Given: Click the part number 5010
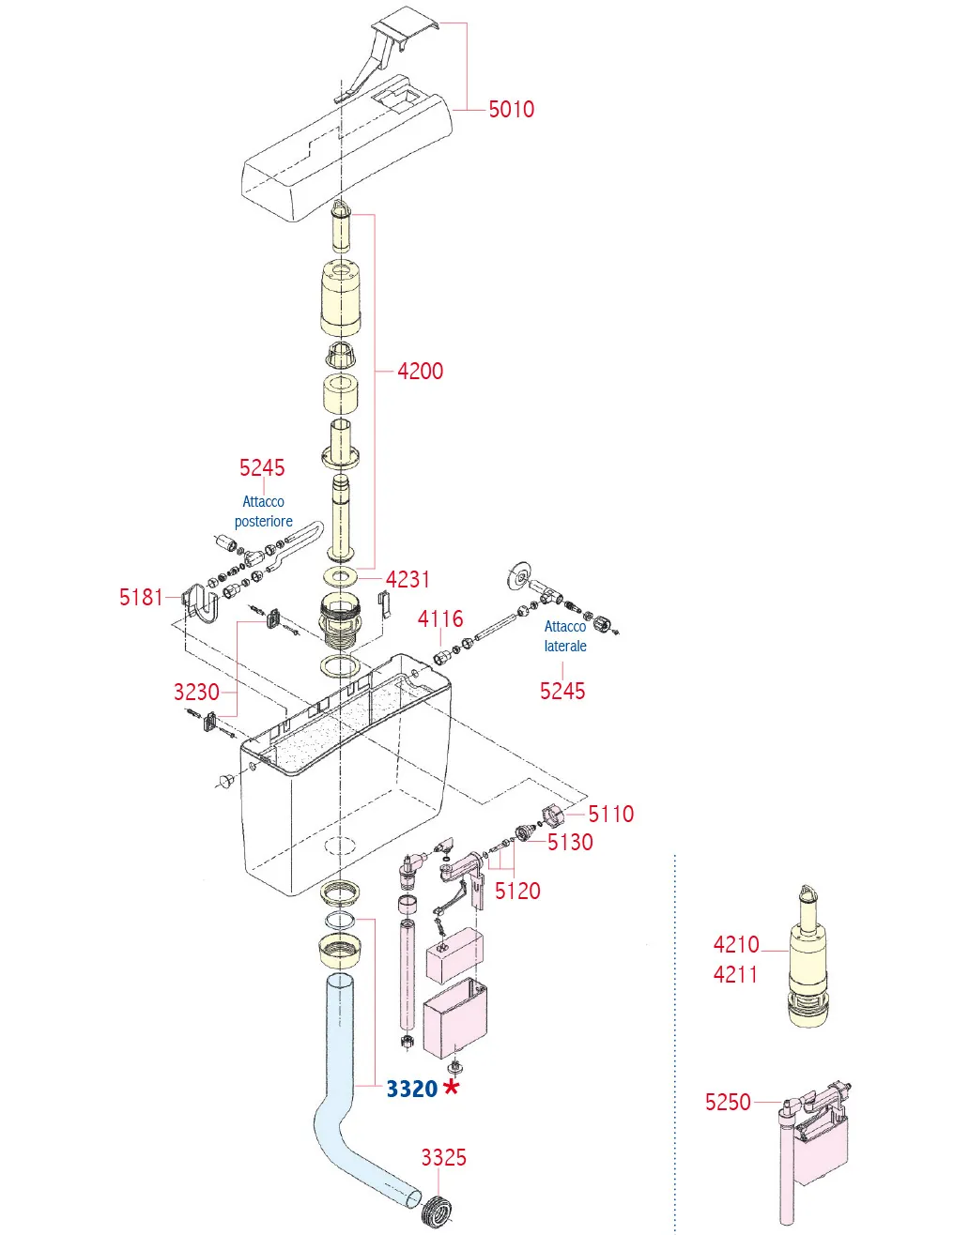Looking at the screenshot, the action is (x=511, y=109).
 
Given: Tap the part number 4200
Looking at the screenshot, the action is (x=421, y=371).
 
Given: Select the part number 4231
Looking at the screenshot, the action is (x=408, y=580).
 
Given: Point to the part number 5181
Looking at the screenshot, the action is (x=141, y=598).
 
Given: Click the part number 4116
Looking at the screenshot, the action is (x=440, y=619).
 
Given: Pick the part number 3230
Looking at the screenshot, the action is (x=197, y=693).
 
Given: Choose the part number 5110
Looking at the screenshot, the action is (x=610, y=815).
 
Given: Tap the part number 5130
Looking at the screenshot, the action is (x=570, y=843).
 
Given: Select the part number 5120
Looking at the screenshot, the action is (x=517, y=891).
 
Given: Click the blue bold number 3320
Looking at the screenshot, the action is (x=411, y=1089).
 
